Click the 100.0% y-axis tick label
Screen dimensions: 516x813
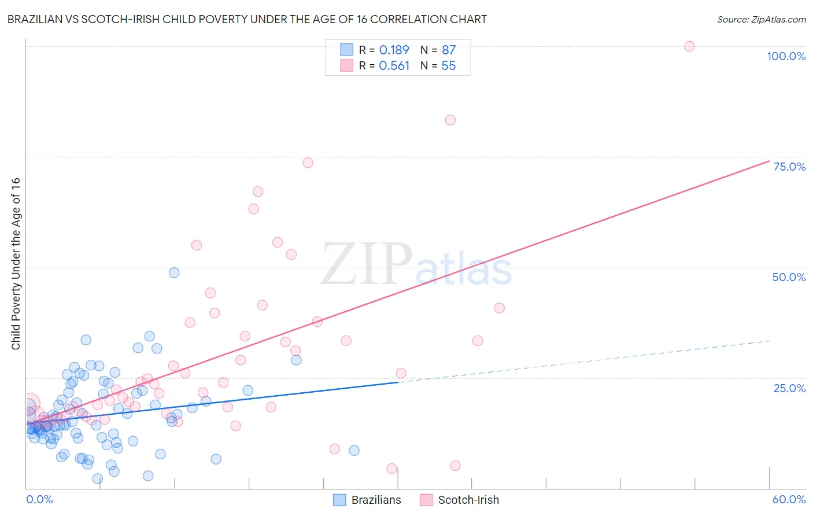coord(786,56)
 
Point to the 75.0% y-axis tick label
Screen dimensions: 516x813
coord(789,167)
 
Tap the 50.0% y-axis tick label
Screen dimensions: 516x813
coord(789,277)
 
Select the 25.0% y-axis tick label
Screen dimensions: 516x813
coord(789,388)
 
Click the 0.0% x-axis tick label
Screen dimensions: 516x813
coord(39,499)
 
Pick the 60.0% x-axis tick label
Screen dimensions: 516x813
coord(789,499)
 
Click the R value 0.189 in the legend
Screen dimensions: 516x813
coord(394,50)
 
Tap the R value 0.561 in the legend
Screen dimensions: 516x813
coord(394,66)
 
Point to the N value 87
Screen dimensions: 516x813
coord(449,50)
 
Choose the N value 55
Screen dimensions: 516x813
coord(449,66)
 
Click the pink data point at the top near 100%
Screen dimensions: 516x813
coord(689,46)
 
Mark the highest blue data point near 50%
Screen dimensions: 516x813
coord(174,272)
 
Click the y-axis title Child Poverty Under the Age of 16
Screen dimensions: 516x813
coord(16,263)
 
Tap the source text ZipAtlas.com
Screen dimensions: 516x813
coord(761,20)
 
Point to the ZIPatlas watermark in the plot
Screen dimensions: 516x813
coord(416,265)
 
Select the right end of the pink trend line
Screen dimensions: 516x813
coord(769,161)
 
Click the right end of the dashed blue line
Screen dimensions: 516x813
coord(770,341)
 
